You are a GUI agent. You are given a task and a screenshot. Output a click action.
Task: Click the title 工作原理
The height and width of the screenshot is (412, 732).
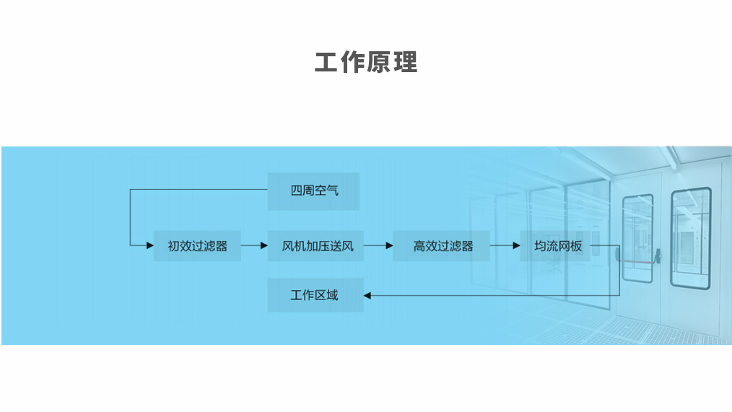click(x=366, y=63)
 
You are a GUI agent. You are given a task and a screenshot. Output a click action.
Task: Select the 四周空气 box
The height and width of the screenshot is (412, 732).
click(x=313, y=191)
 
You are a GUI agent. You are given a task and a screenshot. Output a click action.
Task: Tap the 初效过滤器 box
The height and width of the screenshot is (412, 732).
click(x=197, y=246)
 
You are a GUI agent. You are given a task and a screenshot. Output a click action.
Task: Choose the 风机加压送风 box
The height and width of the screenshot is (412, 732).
click(x=315, y=246)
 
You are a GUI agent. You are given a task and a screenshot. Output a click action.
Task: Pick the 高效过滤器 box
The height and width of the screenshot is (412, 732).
click(x=442, y=246)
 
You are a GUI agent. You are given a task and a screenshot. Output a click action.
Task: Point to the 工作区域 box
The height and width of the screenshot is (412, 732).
click(x=315, y=295)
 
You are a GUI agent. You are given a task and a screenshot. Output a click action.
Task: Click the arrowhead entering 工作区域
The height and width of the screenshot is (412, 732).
click(x=367, y=295)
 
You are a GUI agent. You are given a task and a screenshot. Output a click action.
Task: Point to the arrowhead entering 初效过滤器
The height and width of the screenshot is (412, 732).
click(x=150, y=246)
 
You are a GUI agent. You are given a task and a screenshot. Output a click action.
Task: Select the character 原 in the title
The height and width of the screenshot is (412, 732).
click(x=379, y=63)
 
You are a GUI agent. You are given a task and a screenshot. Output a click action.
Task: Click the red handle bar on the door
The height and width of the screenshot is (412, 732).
click(x=639, y=259)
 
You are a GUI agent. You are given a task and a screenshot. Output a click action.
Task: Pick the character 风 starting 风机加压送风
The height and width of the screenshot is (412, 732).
click(x=288, y=246)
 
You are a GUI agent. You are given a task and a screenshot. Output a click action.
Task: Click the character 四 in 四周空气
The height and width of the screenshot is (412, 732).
click(x=297, y=191)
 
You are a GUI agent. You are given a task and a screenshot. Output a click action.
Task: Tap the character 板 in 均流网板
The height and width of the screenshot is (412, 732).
click(x=575, y=246)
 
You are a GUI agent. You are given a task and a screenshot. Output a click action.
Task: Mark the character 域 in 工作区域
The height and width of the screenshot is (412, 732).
click(x=332, y=295)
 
